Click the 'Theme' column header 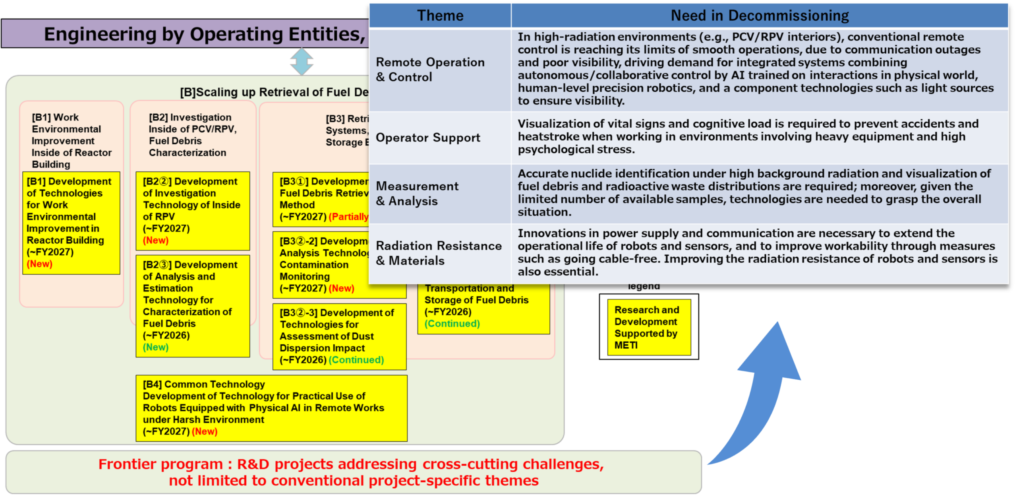[440, 16]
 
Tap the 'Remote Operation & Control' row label [430, 70]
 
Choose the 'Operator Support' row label [427, 138]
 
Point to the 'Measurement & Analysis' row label [417, 194]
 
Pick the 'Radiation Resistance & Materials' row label [438, 253]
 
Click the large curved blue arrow [759, 394]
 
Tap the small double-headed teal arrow [302, 62]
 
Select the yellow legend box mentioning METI [648, 327]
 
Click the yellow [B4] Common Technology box [271, 408]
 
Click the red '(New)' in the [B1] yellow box [39, 264]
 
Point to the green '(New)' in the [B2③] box [155, 348]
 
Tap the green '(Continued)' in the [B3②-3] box [356, 360]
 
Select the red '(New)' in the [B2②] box [155, 241]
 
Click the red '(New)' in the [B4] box [204, 431]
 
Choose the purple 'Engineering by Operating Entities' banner [185, 34]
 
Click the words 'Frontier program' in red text [161, 464]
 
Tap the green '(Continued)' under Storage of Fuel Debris [452, 324]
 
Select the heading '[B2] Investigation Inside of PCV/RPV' [192, 123]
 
